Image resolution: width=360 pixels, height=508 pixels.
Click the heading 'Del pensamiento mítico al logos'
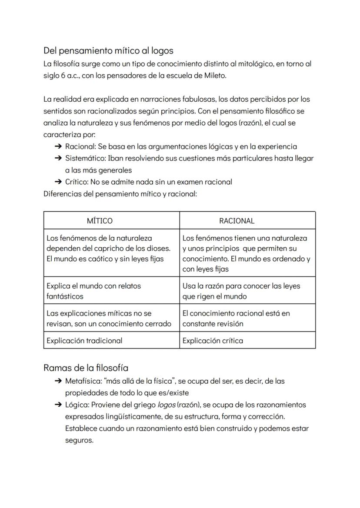point(108,51)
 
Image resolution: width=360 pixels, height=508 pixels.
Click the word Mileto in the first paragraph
point(214,75)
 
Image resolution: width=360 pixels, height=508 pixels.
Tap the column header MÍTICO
point(100,221)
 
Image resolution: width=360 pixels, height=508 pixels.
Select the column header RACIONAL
point(237,221)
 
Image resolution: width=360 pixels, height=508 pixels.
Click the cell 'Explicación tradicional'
point(84,340)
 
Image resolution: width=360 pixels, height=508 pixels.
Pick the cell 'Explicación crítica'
point(213,340)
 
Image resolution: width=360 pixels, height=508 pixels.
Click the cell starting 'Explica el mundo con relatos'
point(93,291)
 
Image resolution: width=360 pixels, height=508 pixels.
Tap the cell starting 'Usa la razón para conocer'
point(241,291)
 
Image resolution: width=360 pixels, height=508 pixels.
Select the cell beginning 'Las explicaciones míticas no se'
point(109,318)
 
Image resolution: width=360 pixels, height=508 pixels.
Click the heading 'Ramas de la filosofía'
point(86,368)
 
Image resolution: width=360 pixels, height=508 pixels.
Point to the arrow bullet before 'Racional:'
point(58,146)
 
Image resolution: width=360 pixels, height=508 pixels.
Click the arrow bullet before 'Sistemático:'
point(58,158)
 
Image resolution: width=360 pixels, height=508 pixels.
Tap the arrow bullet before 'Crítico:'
point(58,182)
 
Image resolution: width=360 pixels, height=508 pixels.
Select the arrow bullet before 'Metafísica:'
point(58,381)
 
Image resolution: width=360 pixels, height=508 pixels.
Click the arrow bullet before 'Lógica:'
point(58,405)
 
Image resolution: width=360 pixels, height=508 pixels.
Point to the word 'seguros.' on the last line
point(79,440)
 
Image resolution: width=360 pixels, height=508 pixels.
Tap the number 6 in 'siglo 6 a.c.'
point(63,75)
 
